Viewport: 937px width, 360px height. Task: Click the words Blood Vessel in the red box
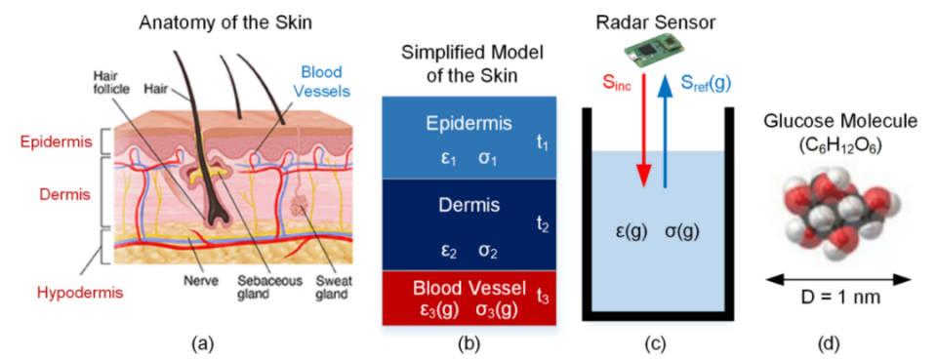(x=468, y=289)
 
